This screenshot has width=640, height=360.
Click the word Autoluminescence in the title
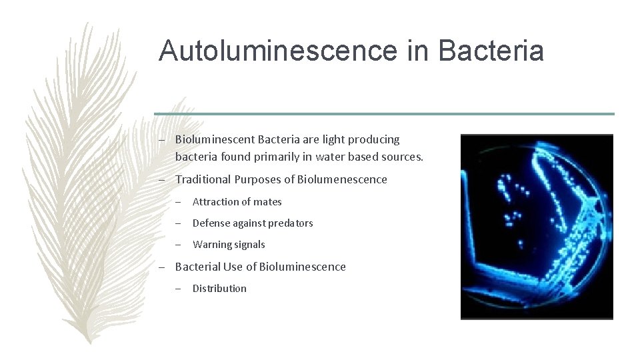279,51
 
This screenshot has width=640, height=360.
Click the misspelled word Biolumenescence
342,179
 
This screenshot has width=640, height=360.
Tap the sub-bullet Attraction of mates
237,202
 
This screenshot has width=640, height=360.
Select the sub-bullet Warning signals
229,245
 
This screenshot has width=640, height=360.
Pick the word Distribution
219,289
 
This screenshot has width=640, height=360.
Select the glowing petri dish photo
537,227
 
